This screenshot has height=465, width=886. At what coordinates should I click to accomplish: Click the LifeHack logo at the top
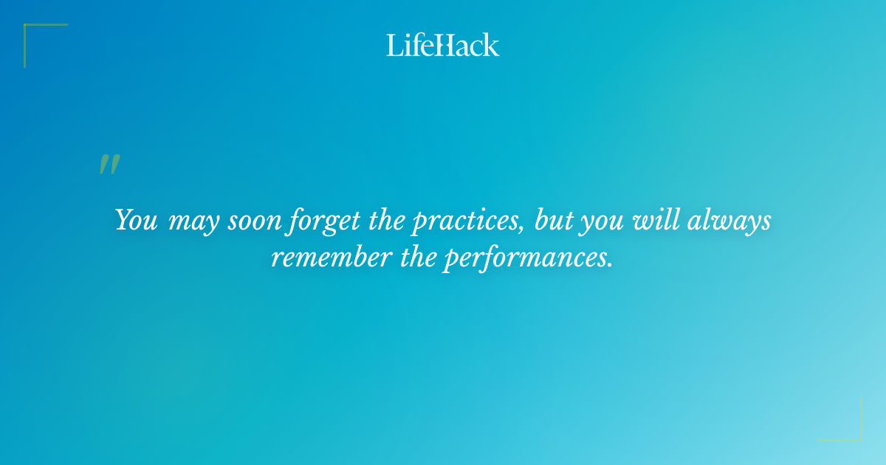tap(443, 45)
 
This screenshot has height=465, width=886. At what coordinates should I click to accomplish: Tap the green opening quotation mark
tap(109, 165)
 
